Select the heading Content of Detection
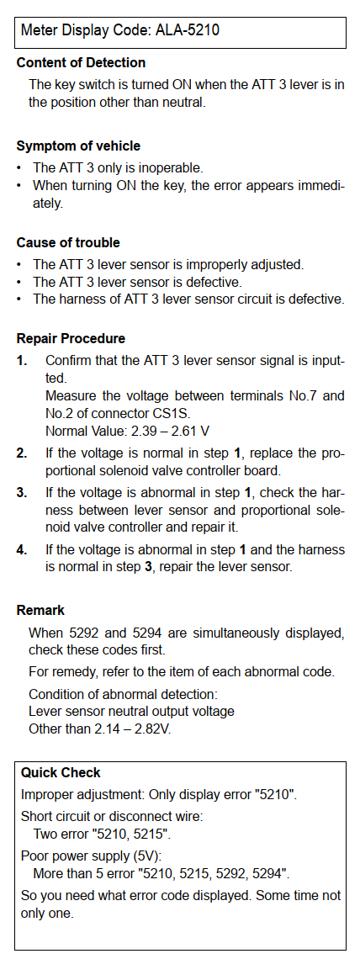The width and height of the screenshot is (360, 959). click(x=81, y=62)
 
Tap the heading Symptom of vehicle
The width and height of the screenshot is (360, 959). click(x=78, y=146)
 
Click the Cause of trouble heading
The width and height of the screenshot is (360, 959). click(x=68, y=243)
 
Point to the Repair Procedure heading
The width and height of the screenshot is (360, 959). click(x=71, y=339)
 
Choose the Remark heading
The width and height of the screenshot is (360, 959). click(x=40, y=611)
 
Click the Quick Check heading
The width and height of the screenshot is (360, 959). click(x=61, y=772)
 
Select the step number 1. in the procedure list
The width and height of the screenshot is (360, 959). click(x=22, y=361)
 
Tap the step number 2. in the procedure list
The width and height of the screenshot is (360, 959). click(x=22, y=453)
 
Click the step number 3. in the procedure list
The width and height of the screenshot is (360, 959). click(x=22, y=492)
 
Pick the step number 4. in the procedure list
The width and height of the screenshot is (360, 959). click(x=22, y=550)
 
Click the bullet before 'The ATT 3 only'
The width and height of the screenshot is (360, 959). click(x=19, y=167)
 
